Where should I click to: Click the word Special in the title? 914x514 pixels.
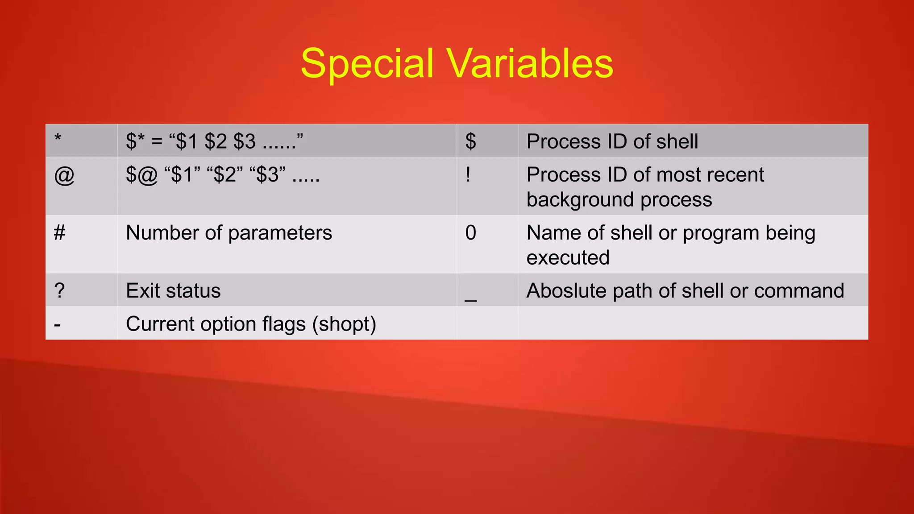367,64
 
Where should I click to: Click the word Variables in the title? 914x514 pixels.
530,64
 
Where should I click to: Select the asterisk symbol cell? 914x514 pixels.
58,138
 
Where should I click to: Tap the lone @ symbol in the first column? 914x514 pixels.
64,175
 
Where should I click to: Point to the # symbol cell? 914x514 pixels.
59,233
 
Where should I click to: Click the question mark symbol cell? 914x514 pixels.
59,291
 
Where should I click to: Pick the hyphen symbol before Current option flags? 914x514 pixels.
57,325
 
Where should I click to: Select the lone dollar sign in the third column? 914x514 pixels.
470,141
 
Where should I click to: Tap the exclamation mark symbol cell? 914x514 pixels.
468,174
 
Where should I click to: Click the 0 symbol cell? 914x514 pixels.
470,233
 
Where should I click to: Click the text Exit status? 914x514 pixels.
173,291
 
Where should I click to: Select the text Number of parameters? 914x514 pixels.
229,233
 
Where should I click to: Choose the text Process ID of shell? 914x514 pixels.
612,141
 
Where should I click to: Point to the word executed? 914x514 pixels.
568,258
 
